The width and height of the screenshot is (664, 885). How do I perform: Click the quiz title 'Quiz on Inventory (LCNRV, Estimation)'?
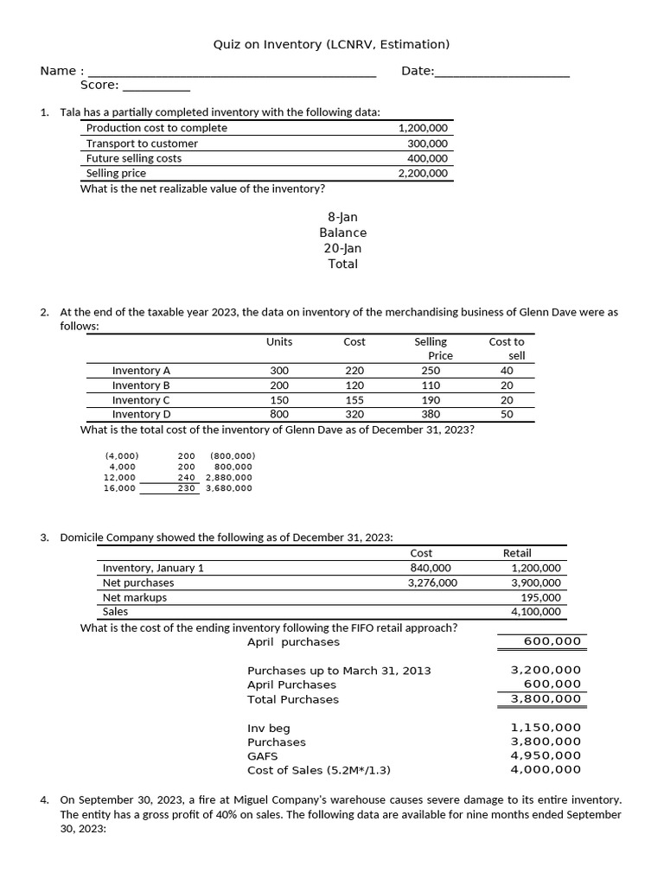tap(331, 44)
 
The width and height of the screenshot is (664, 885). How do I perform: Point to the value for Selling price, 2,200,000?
tap(423, 173)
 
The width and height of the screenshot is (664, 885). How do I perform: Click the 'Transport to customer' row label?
tap(142, 143)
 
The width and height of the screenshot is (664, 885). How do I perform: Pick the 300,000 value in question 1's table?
tap(427, 143)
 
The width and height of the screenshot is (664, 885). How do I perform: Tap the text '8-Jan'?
tap(342, 217)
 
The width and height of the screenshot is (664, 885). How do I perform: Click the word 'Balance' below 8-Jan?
tap(342, 232)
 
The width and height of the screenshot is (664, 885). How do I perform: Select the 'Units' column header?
tap(279, 341)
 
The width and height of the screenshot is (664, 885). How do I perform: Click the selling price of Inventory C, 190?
tap(431, 400)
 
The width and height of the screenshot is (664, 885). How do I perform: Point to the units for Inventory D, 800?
tap(279, 414)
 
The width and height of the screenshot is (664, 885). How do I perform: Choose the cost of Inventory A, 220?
tap(354, 371)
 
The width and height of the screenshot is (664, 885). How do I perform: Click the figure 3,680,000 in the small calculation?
tap(229, 488)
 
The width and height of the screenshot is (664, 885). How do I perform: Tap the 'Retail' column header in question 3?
tap(517, 553)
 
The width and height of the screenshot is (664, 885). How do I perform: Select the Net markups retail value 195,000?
tap(540, 597)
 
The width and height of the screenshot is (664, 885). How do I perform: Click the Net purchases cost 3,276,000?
tap(432, 583)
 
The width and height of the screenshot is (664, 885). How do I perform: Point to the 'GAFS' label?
tap(263, 755)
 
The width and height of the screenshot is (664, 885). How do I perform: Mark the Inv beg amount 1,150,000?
tap(546, 729)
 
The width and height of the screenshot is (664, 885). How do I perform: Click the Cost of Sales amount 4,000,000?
tap(546, 769)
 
